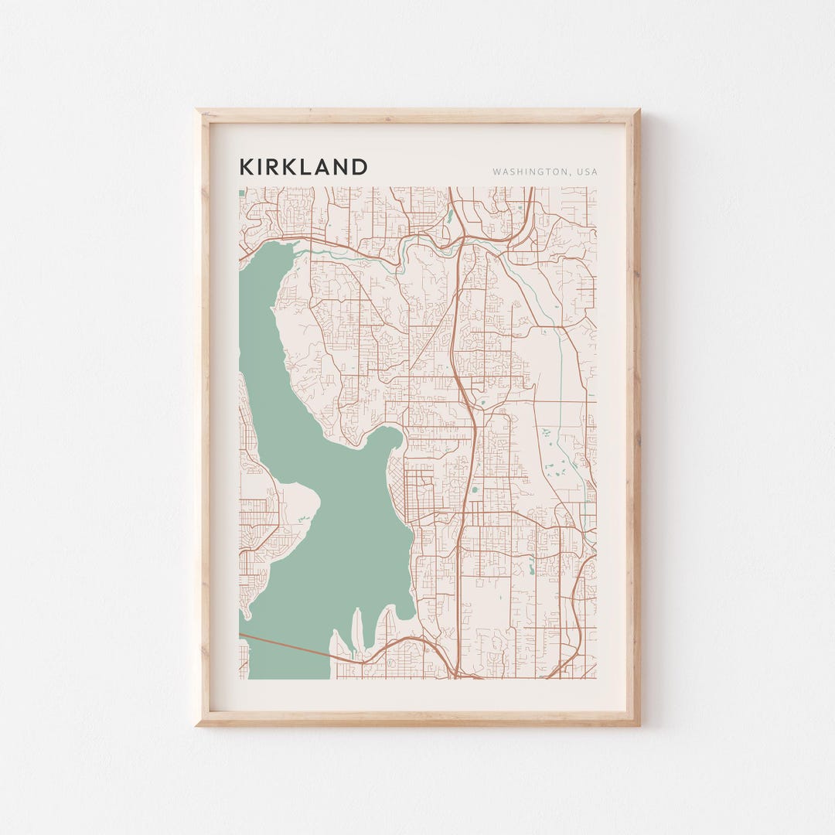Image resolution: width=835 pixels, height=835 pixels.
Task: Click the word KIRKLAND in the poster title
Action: click(303, 167)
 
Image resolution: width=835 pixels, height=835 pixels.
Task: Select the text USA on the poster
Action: click(585, 172)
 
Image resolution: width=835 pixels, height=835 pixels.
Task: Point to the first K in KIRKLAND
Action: click(246, 167)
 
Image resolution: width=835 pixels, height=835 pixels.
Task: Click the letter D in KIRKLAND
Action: click(359, 167)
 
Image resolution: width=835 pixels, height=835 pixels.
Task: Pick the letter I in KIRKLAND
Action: click(261, 167)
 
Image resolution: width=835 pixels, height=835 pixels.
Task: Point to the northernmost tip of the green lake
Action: click(292, 246)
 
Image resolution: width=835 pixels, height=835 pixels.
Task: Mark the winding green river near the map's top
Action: click(348, 250)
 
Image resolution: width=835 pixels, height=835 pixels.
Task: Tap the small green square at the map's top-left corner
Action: click(241, 191)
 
